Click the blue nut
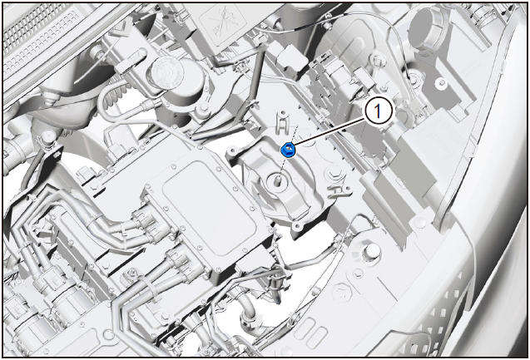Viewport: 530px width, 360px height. pos(289,150)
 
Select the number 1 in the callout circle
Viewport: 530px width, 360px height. pos(378,111)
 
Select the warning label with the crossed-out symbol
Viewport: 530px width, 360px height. pos(222,21)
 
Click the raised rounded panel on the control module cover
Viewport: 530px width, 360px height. pos(209,209)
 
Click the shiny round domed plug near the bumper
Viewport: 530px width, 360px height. pos(372,251)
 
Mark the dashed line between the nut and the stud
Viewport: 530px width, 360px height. pos(283,165)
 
